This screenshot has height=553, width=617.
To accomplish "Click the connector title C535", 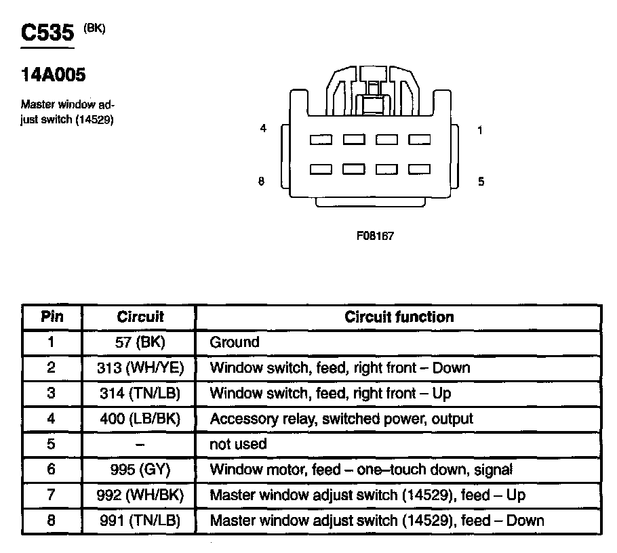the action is (47, 35).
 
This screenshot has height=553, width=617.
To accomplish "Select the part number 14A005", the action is (54, 75).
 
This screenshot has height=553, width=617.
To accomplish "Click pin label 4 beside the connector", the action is (263, 129).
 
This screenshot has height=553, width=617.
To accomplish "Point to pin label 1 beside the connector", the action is (480, 130).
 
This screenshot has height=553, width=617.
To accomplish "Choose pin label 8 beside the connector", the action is (261, 181).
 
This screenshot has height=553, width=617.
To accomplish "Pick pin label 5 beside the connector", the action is (481, 181).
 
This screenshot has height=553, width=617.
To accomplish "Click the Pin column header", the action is (52, 316).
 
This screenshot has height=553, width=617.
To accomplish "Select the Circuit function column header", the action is (399, 316).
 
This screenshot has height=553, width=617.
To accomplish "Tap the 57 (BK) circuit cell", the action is (140, 342).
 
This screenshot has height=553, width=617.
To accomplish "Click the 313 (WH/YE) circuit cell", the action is (140, 368).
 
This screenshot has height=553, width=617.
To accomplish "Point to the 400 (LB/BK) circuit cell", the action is (140, 419).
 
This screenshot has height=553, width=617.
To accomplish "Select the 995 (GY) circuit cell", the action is (140, 470).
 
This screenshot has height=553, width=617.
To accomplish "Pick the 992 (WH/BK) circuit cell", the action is (140, 495).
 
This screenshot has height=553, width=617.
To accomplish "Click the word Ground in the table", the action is (235, 342).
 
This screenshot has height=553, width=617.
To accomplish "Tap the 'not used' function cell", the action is (238, 445).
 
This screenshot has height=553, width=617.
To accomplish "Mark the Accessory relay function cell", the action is (341, 419).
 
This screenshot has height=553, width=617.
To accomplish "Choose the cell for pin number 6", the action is (52, 470).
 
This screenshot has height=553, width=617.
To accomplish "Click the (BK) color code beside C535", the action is (94, 28).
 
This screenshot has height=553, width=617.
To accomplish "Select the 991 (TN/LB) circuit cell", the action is (140, 520).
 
